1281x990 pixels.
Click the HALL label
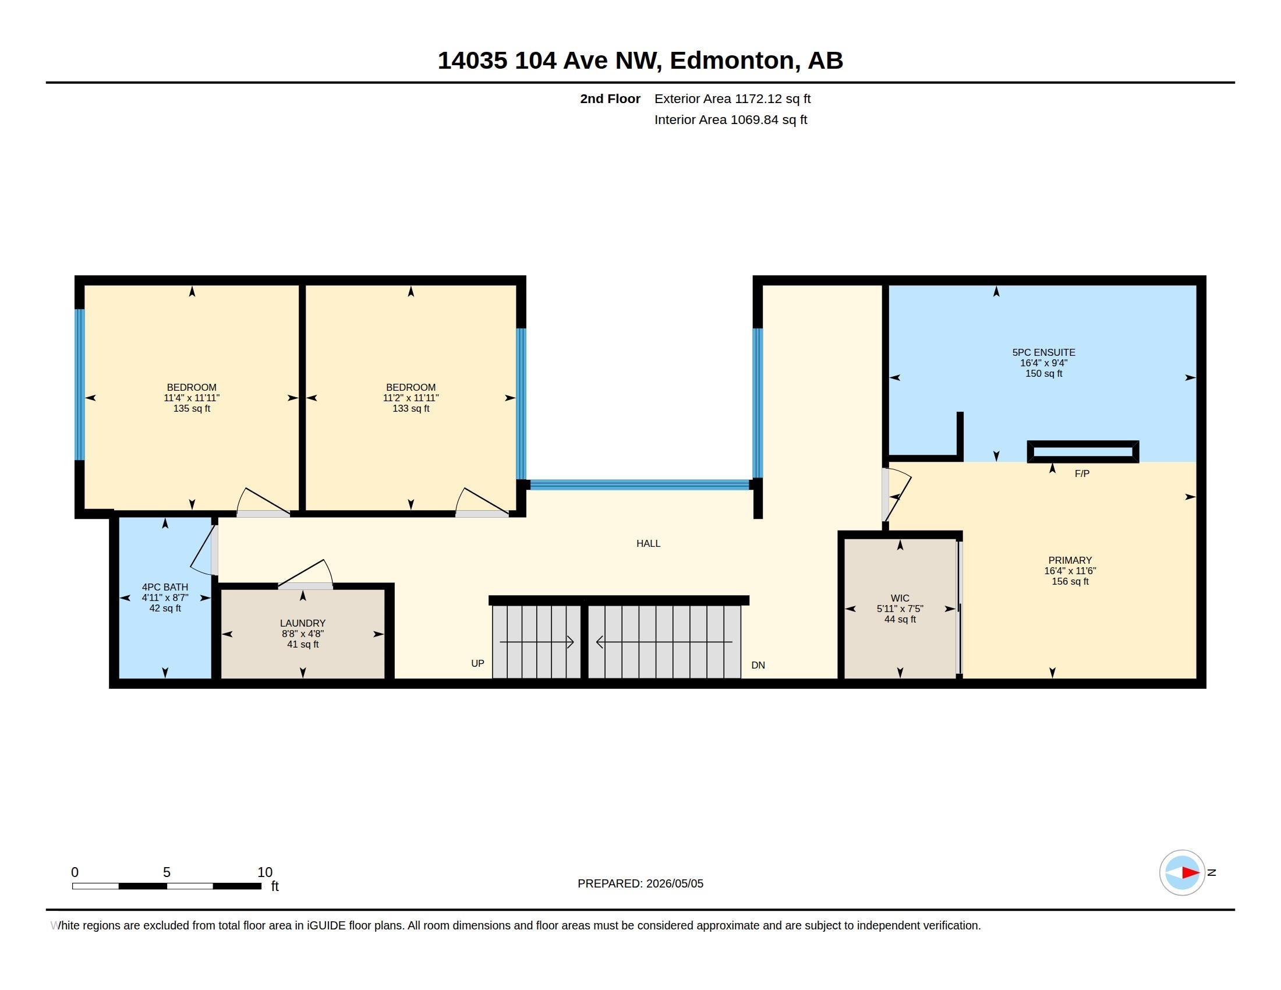coord(648,544)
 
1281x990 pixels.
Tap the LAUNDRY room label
coord(303,624)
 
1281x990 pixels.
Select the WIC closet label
coord(900,599)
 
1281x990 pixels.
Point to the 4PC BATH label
coord(165,587)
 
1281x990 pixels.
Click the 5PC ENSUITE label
coord(1043,352)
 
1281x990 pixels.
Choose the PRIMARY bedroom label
coord(1070,561)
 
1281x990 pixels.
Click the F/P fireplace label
coord(1082,474)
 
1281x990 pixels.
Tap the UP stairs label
coord(477,663)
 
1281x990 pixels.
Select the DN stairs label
coord(758,665)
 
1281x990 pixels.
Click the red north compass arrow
coord(1190,873)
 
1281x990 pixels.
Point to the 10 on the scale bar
coord(264,872)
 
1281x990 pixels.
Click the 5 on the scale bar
coord(167,872)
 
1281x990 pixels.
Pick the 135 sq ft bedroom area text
coord(191,408)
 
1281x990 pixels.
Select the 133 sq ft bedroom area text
coord(411,408)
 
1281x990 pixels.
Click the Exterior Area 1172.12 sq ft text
coord(732,98)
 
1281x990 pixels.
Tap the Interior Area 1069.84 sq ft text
coord(731,119)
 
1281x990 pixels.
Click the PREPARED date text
coord(640,883)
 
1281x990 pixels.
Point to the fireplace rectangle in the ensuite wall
coord(1083,451)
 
